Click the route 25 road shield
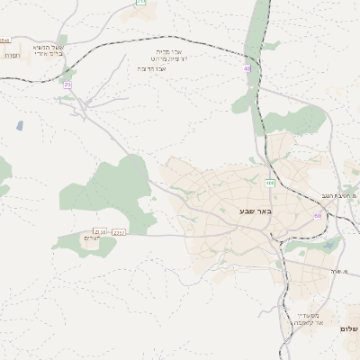(67, 85)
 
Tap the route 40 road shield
(247, 68)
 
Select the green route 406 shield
(270, 184)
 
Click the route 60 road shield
(317, 216)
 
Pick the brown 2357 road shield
(119, 232)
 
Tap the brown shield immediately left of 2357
(99, 232)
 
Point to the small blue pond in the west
(20, 126)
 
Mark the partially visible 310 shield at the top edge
(140, 3)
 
